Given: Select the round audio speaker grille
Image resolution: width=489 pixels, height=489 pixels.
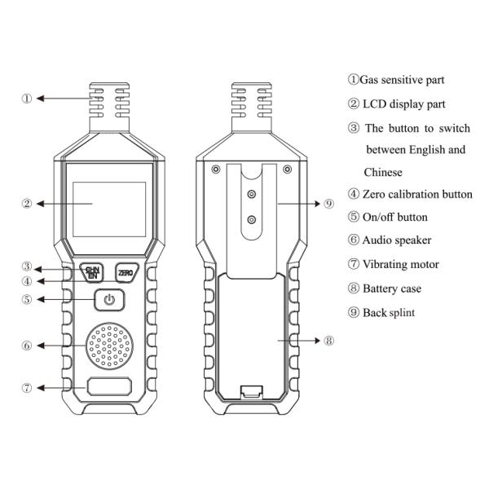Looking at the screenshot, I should pyautogui.click(x=109, y=346).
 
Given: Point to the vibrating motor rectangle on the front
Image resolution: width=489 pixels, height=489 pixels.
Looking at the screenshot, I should pyautogui.click(x=109, y=387).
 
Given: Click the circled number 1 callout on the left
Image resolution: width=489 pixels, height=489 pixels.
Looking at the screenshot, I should pyautogui.click(x=27, y=99).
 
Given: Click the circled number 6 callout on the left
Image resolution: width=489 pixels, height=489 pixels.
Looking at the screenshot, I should pyautogui.click(x=27, y=346).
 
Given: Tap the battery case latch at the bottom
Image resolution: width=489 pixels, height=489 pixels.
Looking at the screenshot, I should pyautogui.click(x=251, y=392).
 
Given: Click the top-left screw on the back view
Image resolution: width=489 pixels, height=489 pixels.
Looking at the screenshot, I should pyautogui.click(x=214, y=170).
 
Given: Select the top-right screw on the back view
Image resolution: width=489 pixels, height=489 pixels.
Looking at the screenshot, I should pyautogui.click(x=287, y=170).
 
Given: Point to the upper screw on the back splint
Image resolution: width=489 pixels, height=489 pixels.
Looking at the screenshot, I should pyautogui.click(x=251, y=194).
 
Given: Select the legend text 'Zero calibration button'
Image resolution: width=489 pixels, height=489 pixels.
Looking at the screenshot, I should pyautogui.click(x=416, y=194).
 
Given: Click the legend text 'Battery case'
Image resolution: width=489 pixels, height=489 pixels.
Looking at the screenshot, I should pyautogui.click(x=391, y=289).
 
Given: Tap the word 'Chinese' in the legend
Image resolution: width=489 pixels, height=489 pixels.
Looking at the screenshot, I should pyautogui.click(x=382, y=173).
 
